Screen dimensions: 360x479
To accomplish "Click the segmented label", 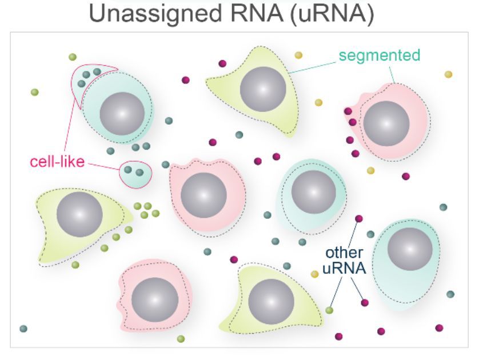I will pyautogui.click(x=379, y=55).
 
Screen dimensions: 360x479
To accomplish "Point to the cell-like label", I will pyautogui.click(x=57, y=162).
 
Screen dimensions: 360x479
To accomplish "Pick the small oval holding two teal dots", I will pyautogui.click(x=136, y=172).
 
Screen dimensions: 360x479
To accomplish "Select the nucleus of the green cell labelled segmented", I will pyautogui.click(x=262, y=90).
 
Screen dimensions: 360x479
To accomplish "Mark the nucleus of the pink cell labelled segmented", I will pyautogui.click(x=386, y=123).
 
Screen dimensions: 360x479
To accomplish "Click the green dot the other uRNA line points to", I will pyautogui.click(x=329, y=310).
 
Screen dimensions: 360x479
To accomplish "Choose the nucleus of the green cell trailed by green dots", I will pyautogui.click(x=79, y=214).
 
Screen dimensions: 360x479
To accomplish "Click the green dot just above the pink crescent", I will pyautogui.click(x=73, y=57).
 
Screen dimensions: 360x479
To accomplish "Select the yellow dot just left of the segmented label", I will pyautogui.click(x=298, y=55).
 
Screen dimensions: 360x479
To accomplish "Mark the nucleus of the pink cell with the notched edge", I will pyautogui.click(x=154, y=299).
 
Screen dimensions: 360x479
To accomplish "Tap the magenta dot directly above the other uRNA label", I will pyautogui.click(x=359, y=219).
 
